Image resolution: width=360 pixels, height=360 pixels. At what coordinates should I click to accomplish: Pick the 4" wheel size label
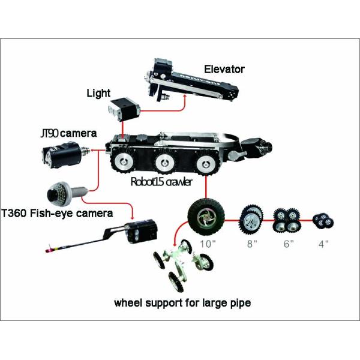[x=323, y=244]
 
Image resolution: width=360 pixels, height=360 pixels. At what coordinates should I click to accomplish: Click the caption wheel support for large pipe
[x=182, y=303]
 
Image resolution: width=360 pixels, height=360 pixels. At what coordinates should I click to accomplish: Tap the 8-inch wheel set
[x=252, y=220]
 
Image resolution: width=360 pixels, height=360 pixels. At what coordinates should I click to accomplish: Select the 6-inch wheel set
[x=285, y=220]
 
